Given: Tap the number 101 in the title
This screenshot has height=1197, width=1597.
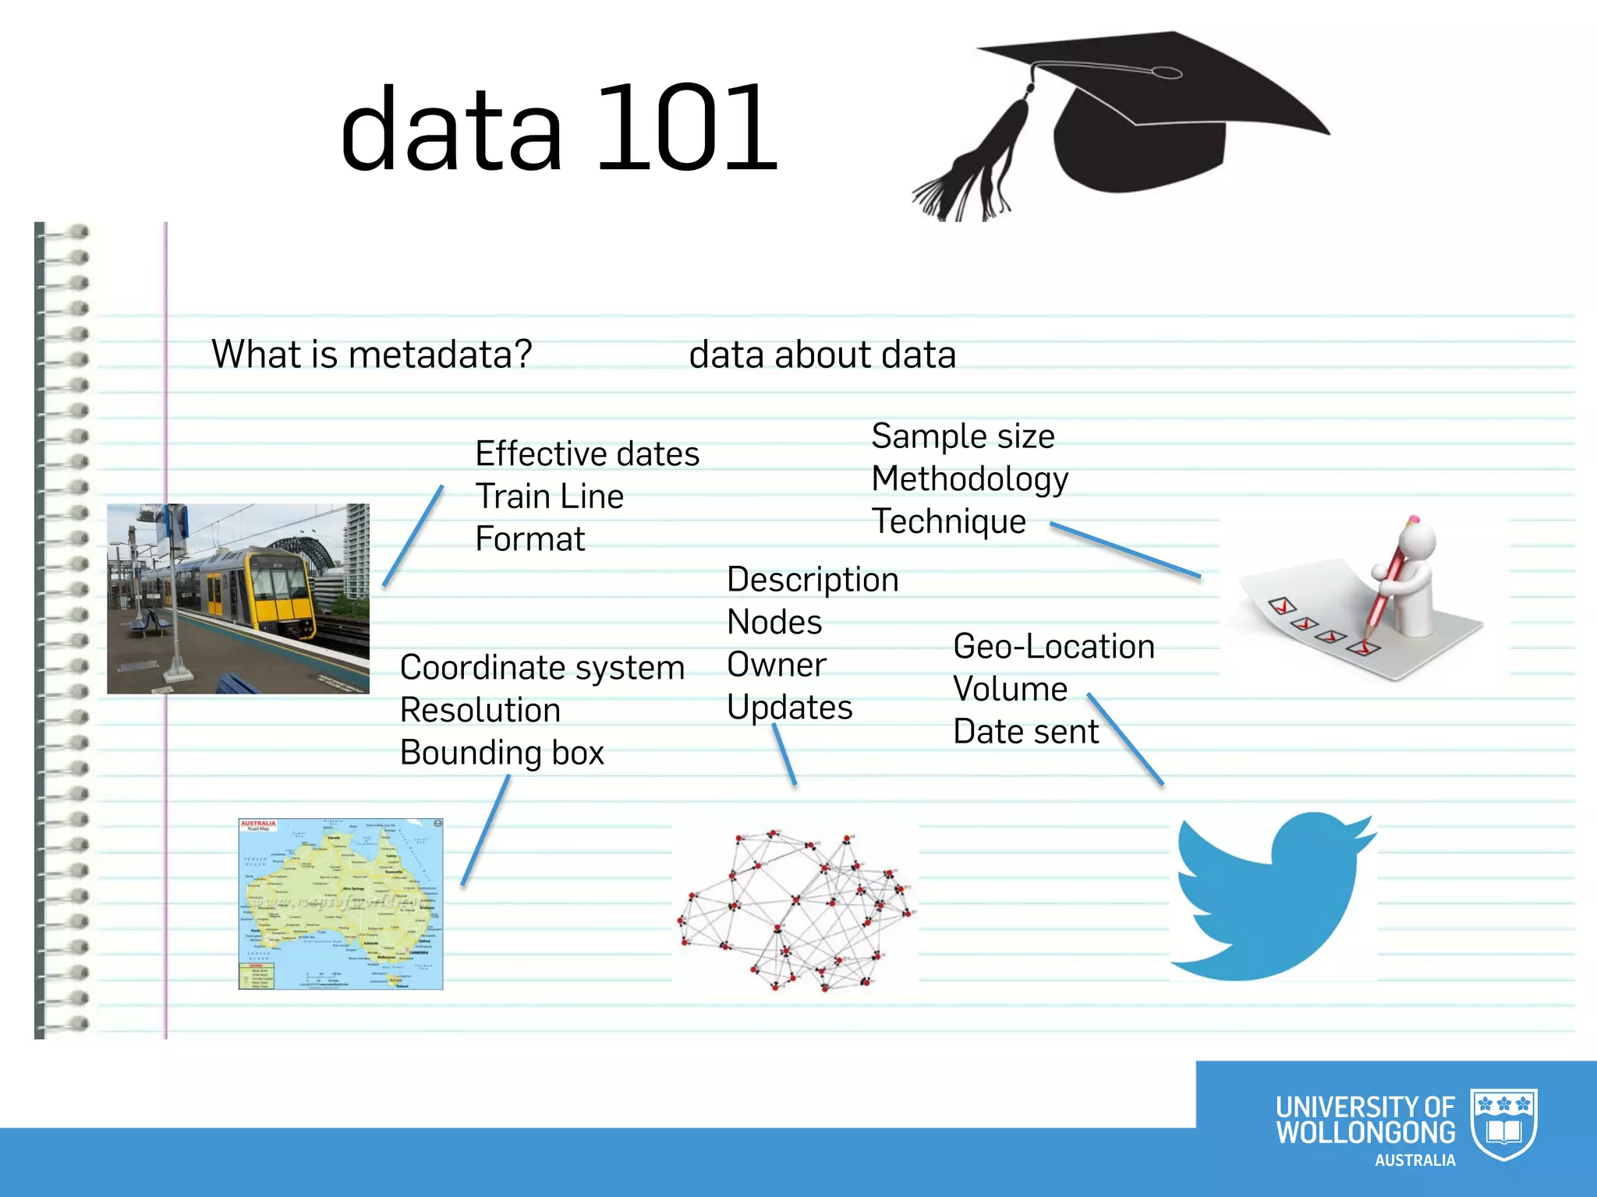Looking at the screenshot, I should (686, 129).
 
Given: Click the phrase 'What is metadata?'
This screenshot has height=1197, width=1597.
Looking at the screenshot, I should (372, 355).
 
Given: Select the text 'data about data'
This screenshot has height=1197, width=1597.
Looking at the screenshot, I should (822, 355).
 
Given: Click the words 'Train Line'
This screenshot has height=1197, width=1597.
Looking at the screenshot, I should (549, 496).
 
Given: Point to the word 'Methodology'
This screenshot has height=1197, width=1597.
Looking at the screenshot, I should (969, 478).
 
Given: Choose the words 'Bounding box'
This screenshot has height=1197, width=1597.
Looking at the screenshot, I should (501, 753).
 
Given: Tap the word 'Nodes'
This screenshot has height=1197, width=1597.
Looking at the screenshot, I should (774, 622).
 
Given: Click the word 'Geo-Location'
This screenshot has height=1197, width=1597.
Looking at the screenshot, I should (1053, 647).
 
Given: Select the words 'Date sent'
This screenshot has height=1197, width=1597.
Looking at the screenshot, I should (1025, 732).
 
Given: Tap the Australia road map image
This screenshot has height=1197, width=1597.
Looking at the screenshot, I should (341, 904).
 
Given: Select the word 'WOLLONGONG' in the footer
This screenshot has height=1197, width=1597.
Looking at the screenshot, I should (1365, 1132).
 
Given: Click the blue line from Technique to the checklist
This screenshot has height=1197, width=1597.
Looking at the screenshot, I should (1124, 550).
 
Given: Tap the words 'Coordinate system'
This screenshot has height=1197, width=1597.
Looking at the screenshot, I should (542, 668).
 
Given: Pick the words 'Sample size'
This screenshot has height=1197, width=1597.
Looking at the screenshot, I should (962, 436).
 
